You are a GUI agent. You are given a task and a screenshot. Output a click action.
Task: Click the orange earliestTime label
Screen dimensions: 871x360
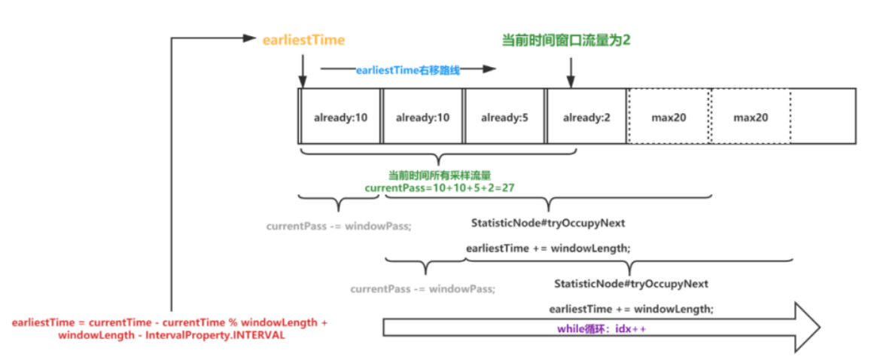[x=304, y=40]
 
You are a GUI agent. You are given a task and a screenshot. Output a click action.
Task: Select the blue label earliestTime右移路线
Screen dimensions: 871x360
[x=408, y=71]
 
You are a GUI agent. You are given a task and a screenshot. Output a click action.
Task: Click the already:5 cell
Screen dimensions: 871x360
[x=505, y=117]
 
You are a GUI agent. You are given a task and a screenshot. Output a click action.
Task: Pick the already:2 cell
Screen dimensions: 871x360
[x=586, y=117]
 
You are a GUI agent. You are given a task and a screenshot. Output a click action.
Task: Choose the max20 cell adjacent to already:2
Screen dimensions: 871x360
[x=668, y=117]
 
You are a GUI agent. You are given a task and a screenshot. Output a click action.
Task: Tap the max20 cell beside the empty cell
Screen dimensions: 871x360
[x=750, y=117]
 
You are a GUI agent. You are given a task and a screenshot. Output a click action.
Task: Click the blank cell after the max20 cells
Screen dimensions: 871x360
[x=823, y=117]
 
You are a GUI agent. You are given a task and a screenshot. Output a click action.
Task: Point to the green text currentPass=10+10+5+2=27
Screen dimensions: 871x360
[x=439, y=188]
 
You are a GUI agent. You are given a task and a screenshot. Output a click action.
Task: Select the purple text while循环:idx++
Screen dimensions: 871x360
[x=603, y=329]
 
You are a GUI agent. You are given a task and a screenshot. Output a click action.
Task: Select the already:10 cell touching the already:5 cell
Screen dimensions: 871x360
[x=423, y=117]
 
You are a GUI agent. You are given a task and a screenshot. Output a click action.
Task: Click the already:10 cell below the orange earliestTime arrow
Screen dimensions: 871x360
[x=340, y=117]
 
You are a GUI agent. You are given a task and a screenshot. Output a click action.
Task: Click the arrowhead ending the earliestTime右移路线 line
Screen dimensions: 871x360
[x=489, y=69]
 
